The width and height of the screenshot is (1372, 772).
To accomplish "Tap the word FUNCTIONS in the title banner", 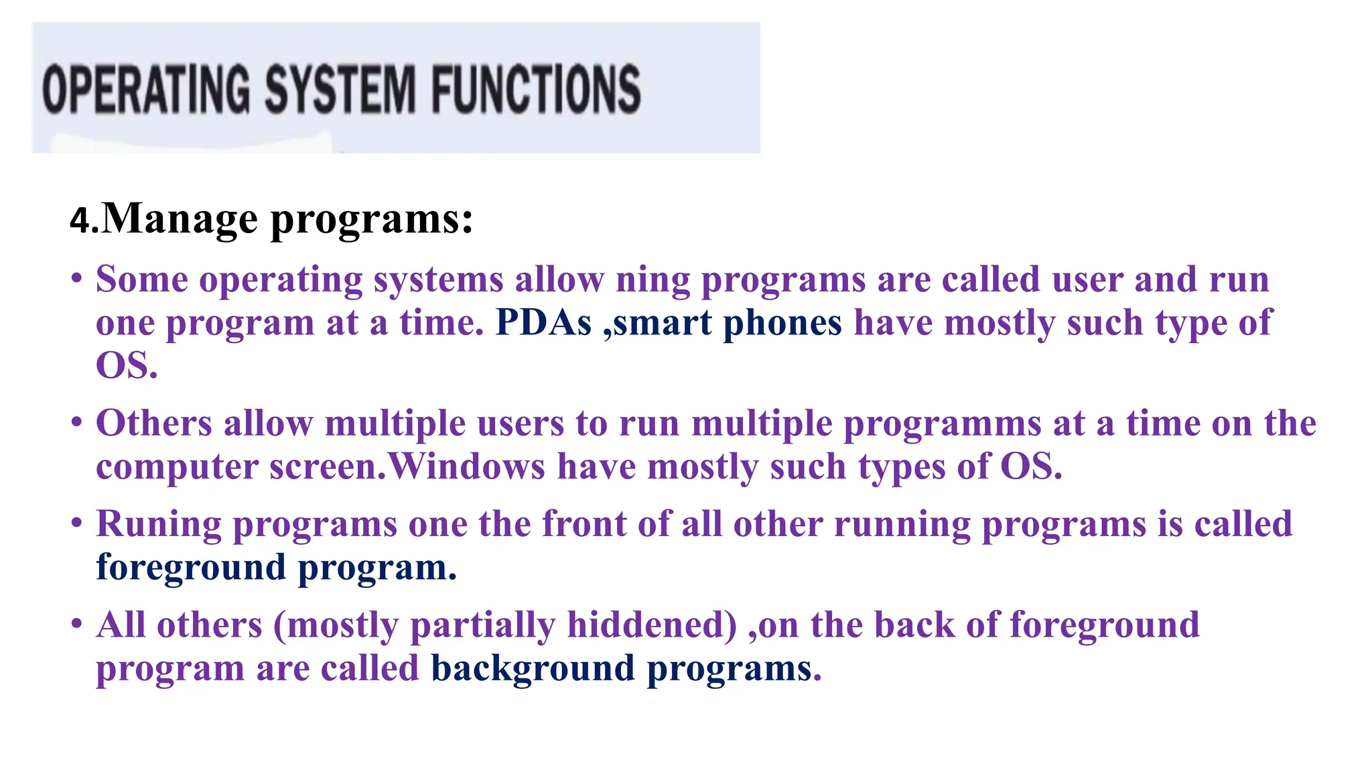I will [x=535, y=89].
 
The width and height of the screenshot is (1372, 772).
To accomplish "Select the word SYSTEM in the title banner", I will [x=340, y=89].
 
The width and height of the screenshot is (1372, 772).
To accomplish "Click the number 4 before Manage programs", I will [x=80, y=220].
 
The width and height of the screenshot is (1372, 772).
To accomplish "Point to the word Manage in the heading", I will [x=180, y=219].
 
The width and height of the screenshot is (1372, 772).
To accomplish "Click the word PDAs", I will [x=543, y=323].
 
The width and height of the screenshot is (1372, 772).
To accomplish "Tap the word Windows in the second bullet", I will [x=467, y=466].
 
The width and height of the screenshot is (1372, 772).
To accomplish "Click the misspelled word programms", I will [x=942, y=424].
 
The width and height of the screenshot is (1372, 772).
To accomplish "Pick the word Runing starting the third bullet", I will [x=158, y=525].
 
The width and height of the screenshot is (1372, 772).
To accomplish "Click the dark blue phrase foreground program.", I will [x=275, y=568].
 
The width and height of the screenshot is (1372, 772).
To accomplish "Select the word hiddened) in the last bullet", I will [x=652, y=625].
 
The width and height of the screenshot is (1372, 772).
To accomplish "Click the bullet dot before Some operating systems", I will [x=77, y=277].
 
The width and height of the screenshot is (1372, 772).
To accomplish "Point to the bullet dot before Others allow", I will [x=77, y=422].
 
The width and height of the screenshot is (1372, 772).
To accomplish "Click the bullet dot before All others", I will [x=77, y=623].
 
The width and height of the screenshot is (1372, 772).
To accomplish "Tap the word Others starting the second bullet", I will [x=154, y=424].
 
